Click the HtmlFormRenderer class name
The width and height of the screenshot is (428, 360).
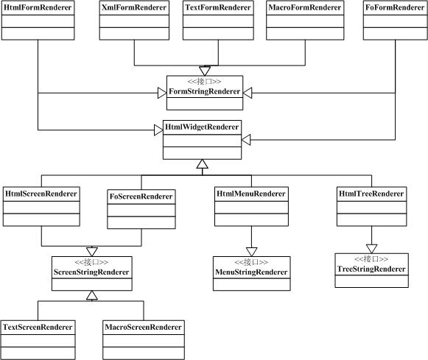point(38,7)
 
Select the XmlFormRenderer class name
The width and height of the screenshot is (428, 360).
point(134,7)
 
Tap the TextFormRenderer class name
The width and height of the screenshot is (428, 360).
point(218,7)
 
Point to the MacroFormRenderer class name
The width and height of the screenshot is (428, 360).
point(305,7)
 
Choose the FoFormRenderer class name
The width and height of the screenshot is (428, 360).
point(395,7)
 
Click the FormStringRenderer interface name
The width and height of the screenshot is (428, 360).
point(205,91)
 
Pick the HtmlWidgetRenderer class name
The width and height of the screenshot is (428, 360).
point(202,127)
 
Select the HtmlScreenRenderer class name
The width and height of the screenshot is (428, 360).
point(41,194)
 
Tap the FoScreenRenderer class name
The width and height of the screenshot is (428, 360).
point(141,197)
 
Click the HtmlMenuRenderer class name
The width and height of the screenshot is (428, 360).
point(251,194)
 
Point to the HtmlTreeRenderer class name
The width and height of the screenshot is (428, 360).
point(371,194)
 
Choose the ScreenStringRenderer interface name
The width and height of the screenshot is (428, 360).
point(91,272)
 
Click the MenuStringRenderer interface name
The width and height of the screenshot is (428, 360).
point(251,272)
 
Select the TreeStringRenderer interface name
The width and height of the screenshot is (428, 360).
point(371,269)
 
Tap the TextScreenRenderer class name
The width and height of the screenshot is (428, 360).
point(38,327)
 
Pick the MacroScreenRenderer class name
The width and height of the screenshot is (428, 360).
point(144,327)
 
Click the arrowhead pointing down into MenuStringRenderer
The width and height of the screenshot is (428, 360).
point(251,252)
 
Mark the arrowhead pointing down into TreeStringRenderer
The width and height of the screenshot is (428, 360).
point(371,249)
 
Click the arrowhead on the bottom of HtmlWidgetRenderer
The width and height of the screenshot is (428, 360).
point(203,164)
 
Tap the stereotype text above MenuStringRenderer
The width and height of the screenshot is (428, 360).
point(251,262)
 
